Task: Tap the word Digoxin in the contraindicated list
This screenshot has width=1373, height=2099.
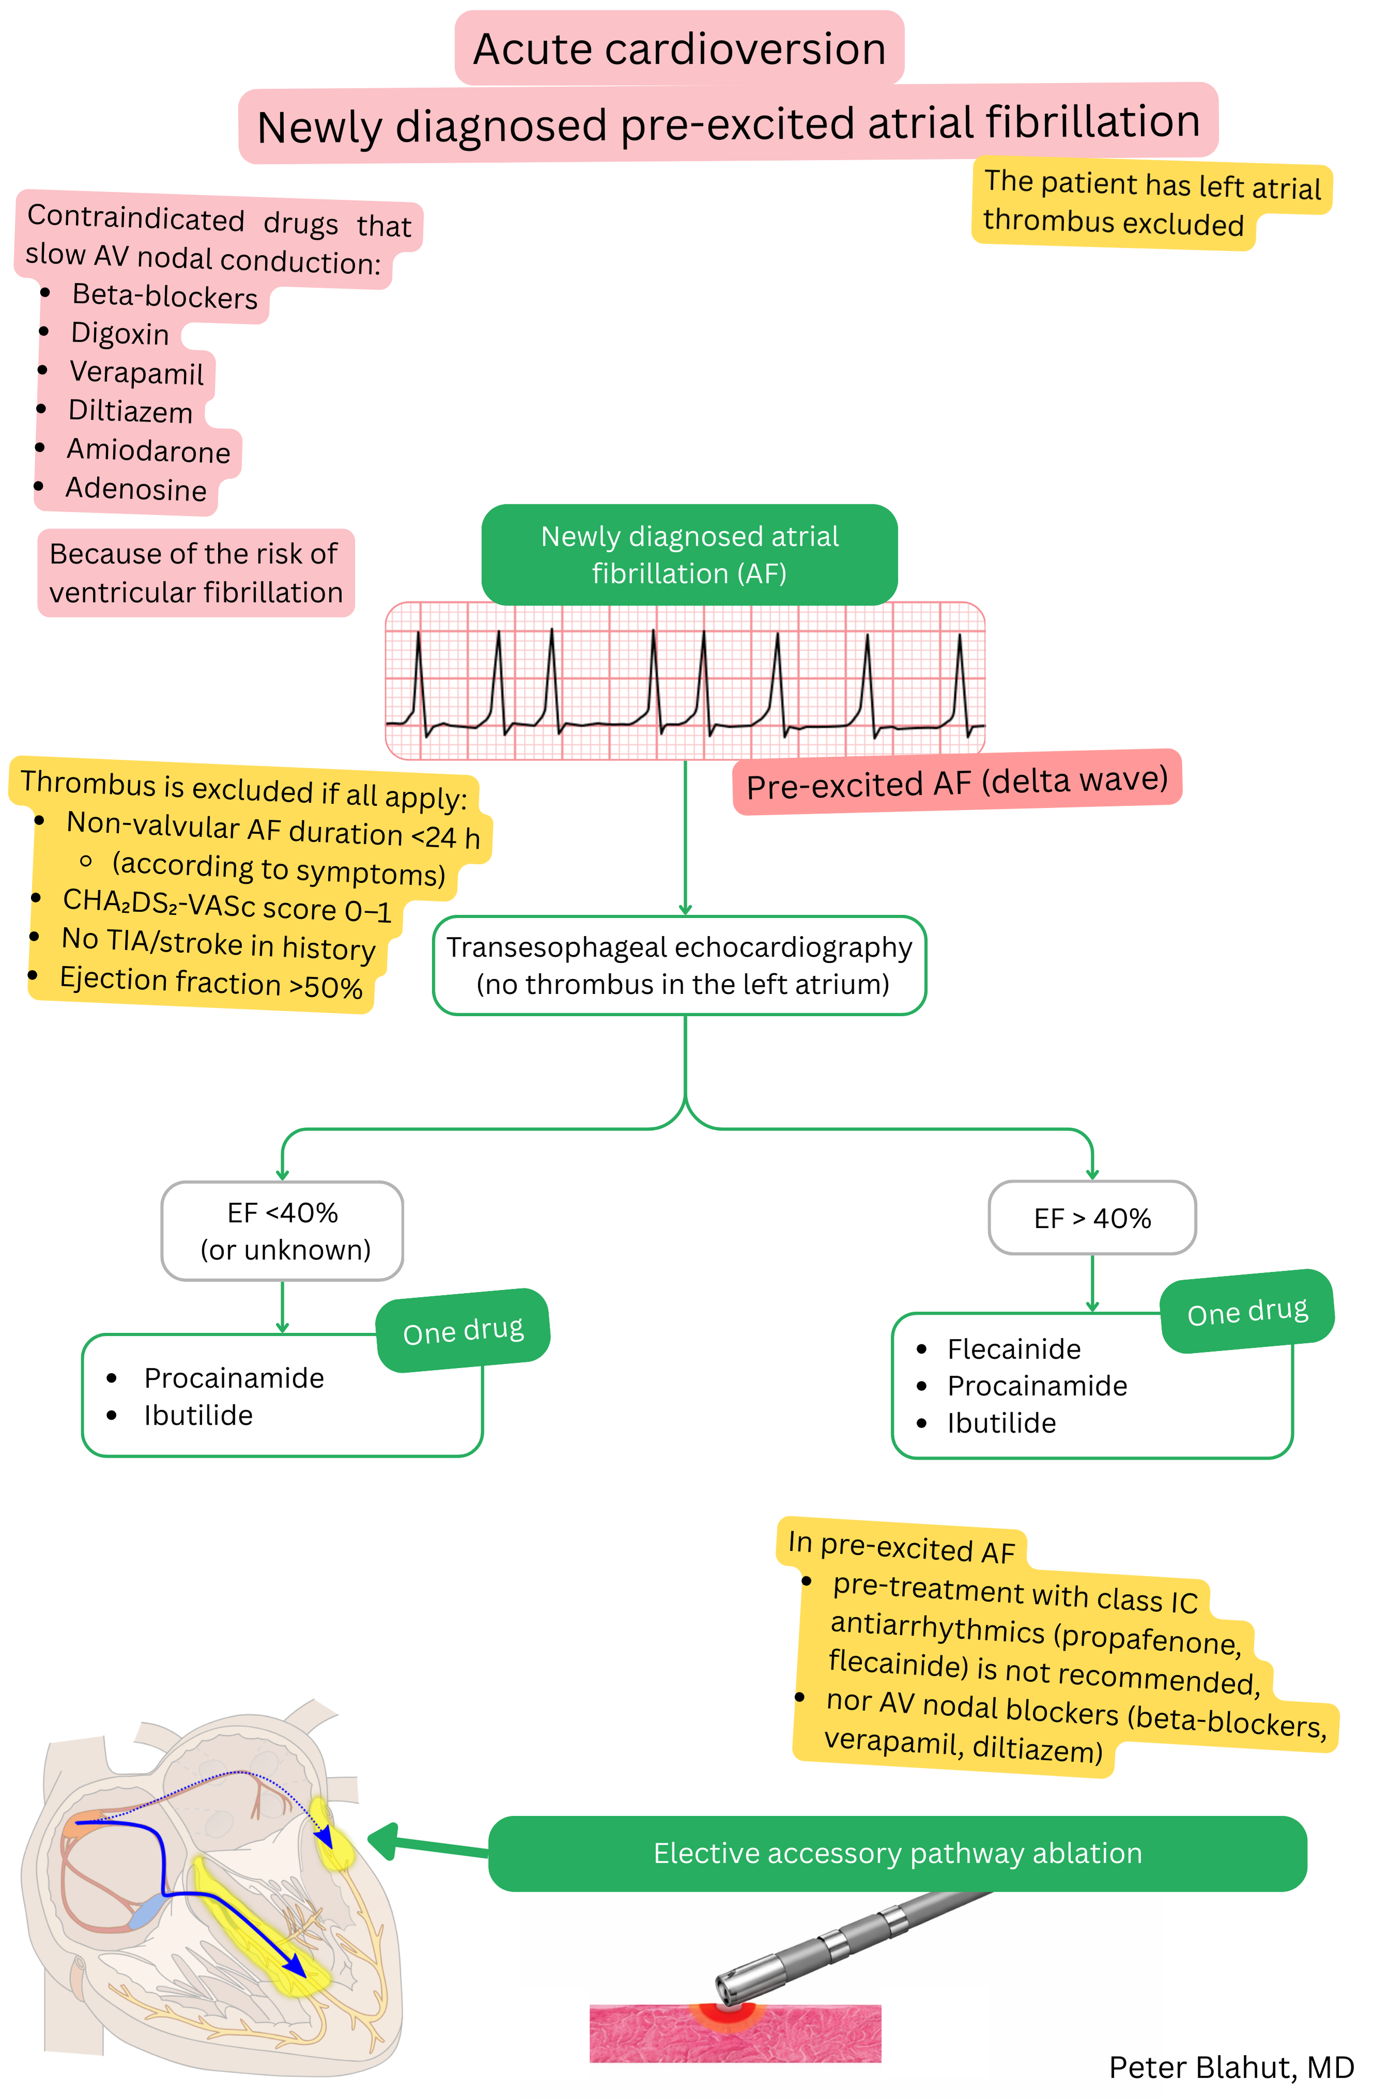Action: click(x=120, y=333)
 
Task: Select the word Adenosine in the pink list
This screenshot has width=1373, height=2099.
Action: click(x=136, y=488)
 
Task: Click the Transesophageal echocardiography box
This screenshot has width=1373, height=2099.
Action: click(x=679, y=965)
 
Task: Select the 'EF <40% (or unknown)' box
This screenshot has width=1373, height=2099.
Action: click(x=282, y=1230)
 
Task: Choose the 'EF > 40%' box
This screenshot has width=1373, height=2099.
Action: click(x=1092, y=1218)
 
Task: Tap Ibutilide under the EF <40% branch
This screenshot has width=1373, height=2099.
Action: click(x=199, y=1415)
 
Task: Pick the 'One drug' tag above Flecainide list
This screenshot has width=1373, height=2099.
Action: click(x=1247, y=1311)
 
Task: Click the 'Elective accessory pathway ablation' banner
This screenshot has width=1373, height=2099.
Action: click(x=897, y=1853)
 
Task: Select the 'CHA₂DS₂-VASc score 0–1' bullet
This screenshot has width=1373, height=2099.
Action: click(x=226, y=906)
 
